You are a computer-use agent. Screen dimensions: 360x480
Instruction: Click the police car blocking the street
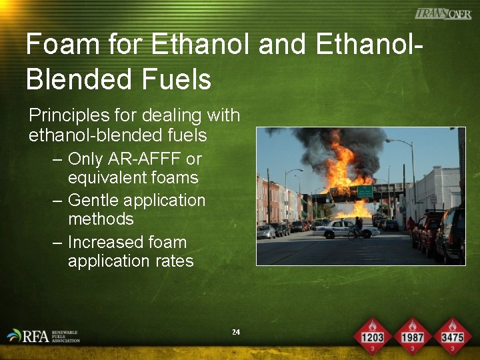click(338, 230)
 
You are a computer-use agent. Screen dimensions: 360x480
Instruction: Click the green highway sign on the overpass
click(365, 192)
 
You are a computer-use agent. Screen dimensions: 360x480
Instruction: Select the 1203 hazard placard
click(372, 335)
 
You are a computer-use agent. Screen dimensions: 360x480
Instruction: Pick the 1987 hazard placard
click(412, 335)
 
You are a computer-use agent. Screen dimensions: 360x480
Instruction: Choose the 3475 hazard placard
click(452, 335)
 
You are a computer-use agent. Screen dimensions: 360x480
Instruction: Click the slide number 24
click(235, 332)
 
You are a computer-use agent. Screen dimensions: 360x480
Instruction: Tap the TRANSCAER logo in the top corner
click(443, 14)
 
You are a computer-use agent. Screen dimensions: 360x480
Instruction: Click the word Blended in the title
click(80, 79)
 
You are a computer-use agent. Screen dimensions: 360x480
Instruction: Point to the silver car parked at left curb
click(266, 232)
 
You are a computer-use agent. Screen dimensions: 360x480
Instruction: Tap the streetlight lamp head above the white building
click(389, 141)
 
